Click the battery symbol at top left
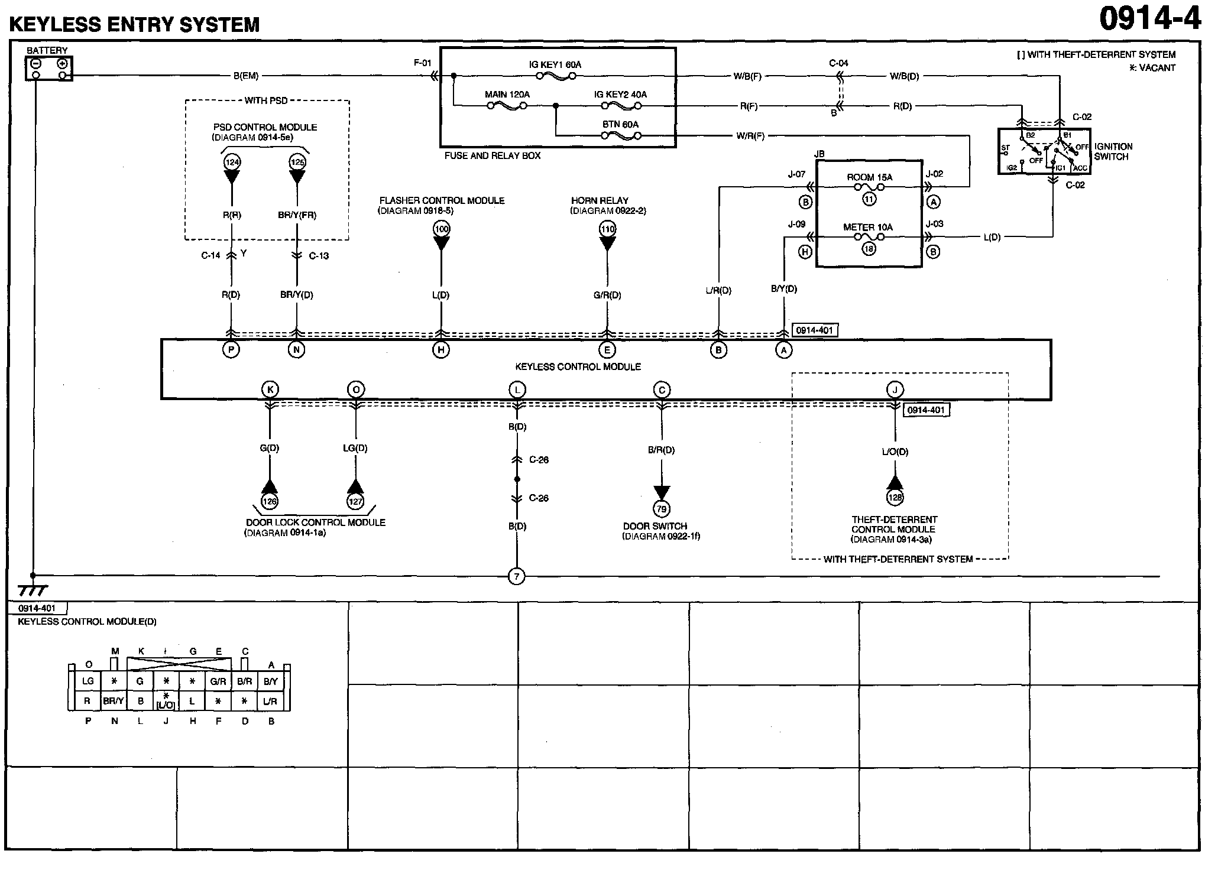pos(48,69)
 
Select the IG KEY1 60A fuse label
pos(555,64)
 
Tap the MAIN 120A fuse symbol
pos(507,106)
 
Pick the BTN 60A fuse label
pos(620,124)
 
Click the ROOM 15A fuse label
pos(869,177)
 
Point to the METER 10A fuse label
pos(868,227)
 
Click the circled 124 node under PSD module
pos(231,162)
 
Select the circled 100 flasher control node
pos(441,229)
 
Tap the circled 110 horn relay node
pos(607,229)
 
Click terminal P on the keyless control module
pos(231,350)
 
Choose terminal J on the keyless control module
pos(895,389)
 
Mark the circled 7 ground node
pos(517,576)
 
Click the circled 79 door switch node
pos(662,508)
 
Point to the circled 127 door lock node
pos(355,501)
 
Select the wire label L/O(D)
pos(895,452)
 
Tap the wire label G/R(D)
pos(607,295)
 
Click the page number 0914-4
pos(1149,19)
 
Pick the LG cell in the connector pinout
pos(88,681)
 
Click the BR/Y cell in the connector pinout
pos(114,701)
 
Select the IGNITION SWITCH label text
pos(1113,151)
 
